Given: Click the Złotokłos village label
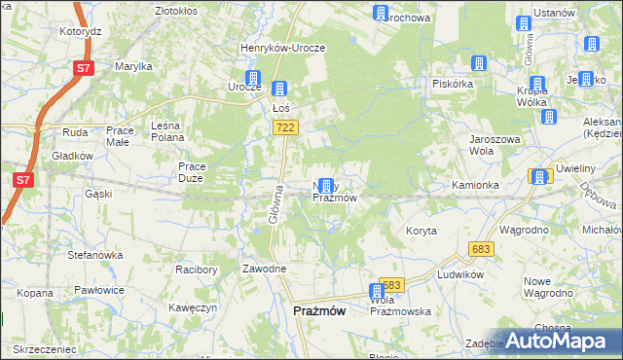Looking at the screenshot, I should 176,10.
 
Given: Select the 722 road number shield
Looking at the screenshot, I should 285,127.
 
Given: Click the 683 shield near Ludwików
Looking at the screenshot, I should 480,250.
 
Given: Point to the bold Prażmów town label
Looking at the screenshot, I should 319,310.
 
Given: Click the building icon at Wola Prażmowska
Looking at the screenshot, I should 377,291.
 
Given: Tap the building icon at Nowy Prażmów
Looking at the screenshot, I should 327,185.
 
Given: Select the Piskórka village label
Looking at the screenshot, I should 453,84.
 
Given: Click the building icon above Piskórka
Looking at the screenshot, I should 478,63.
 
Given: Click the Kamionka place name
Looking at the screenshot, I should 475,184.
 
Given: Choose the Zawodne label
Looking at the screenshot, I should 264,269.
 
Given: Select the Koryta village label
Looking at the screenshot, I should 421,231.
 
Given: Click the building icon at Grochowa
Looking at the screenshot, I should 380,13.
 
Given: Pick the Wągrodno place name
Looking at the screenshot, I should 524,230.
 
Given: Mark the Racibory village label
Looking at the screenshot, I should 195,269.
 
